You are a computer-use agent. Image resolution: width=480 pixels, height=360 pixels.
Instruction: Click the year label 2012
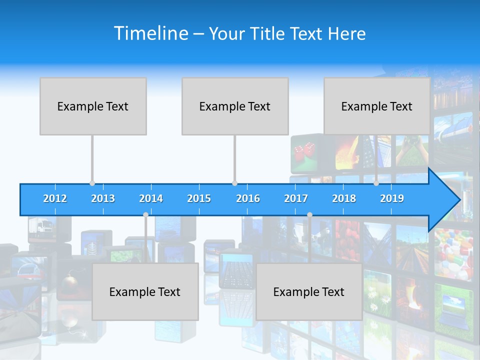(x=55, y=198)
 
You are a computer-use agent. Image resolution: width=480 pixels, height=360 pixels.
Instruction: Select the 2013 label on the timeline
(x=103, y=198)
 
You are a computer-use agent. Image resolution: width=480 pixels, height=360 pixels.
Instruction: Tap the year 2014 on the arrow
(x=151, y=198)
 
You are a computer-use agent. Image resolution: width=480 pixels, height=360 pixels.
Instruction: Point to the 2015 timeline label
(x=199, y=198)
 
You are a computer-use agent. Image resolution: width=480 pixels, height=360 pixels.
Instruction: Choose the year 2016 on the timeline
(x=248, y=198)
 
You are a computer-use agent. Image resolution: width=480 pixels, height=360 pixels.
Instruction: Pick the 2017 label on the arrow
(x=296, y=198)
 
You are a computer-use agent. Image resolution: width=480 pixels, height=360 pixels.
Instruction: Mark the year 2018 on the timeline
(x=344, y=198)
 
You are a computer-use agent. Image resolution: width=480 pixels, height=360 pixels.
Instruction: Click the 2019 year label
(x=392, y=198)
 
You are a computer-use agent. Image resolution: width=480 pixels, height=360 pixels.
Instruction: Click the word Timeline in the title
(x=150, y=33)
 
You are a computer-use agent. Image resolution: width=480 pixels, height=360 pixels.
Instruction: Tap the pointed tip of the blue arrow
(x=458, y=200)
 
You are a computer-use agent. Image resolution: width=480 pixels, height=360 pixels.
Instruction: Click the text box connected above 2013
(x=93, y=106)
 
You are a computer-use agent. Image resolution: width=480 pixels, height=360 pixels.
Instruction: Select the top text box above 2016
(x=235, y=106)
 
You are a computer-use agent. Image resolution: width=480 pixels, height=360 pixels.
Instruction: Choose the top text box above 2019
(x=377, y=106)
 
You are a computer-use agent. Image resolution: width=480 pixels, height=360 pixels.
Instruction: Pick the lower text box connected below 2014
(x=145, y=291)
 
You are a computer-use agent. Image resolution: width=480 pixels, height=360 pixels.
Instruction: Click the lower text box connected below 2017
(x=309, y=291)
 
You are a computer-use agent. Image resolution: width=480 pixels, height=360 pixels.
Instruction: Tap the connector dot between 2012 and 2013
(x=92, y=183)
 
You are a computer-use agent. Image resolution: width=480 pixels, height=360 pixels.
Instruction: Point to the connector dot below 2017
(x=309, y=214)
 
